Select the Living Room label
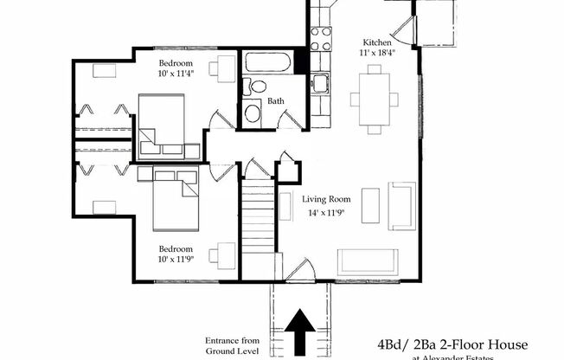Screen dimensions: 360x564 click(x=327, y=199)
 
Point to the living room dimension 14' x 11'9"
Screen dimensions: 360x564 click(x=327, y=212)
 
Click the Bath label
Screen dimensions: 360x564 click(x=276, y=101)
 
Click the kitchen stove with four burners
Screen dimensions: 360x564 click(x=322, y=38)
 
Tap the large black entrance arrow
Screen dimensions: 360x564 click(x=301, y=333)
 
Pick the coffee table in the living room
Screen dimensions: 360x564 click(x=369, y=205)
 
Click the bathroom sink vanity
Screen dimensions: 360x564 click(x=253, y=112)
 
